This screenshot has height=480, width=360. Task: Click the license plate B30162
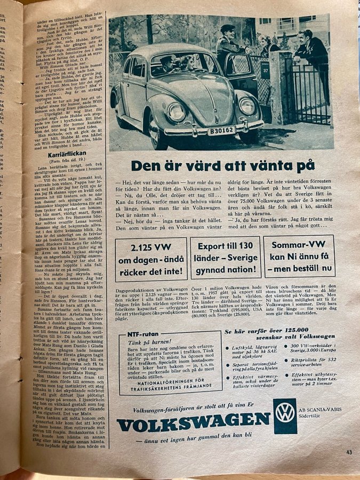pos(221,130)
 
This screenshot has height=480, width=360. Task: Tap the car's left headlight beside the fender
pos(177,112)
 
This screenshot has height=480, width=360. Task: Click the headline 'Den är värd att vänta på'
pos(223,166)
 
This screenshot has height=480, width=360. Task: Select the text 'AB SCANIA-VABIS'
pos(321,410)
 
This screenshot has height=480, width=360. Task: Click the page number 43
pos(349,453)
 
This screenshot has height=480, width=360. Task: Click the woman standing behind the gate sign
pos(267,45)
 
